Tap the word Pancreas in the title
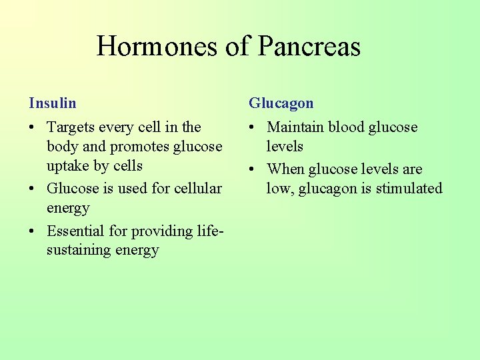(309, 46)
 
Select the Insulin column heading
(53, 103)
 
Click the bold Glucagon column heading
(281, 103)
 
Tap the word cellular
(198, 189)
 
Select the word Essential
(75, 231)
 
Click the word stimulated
(409, 189)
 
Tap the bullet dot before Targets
(33, 127)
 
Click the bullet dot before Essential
(33, 231)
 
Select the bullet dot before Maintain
(253, 127)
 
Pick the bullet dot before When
(253, 170)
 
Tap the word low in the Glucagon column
(279, 189)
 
